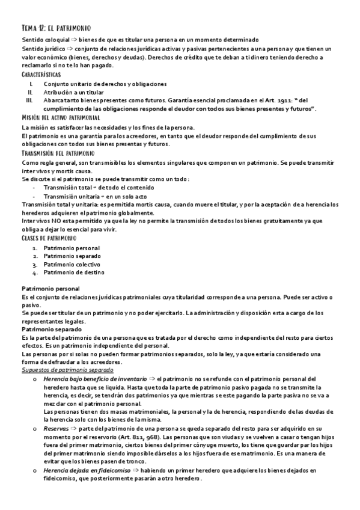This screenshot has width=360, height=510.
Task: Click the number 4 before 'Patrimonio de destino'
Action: coord(35,272)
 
